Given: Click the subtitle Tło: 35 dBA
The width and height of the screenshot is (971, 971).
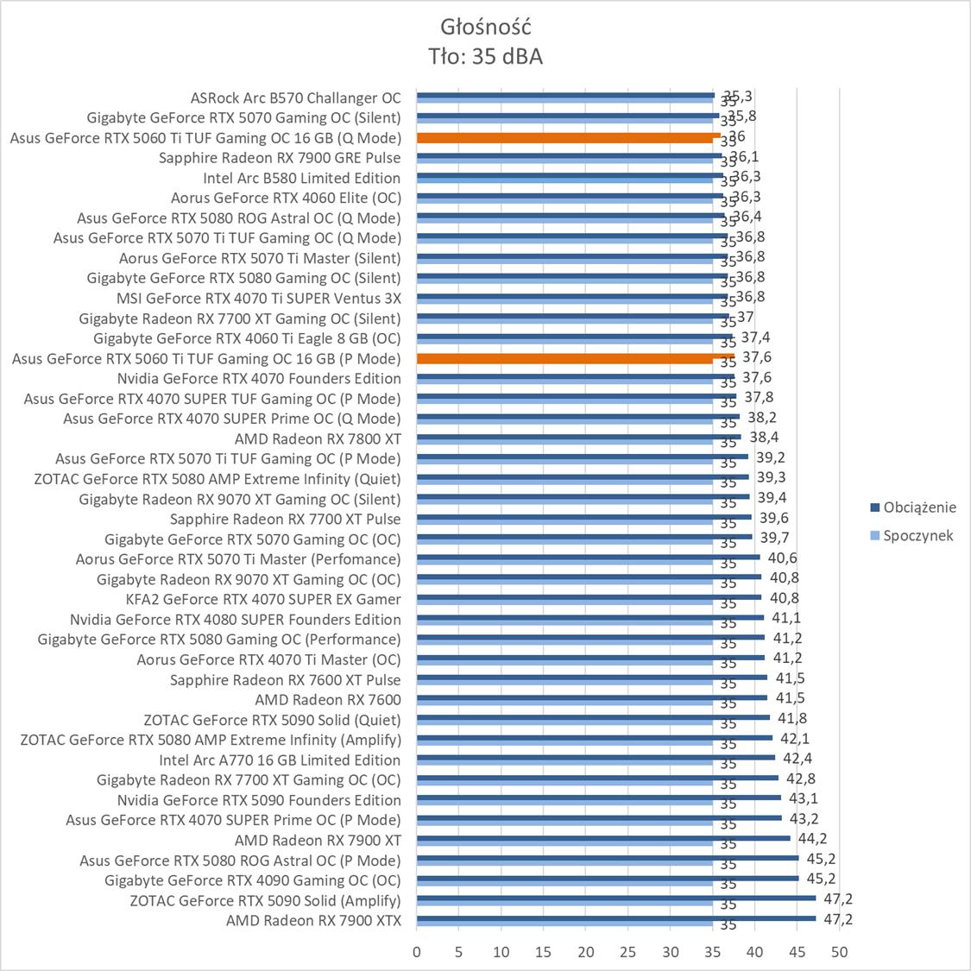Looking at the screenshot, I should coord(485,56).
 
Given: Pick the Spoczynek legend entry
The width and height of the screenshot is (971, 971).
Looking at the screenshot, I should coord(917,535).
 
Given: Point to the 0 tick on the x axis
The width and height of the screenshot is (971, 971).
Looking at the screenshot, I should coord(417,952).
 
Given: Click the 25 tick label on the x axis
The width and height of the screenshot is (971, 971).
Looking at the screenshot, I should coord(627,952).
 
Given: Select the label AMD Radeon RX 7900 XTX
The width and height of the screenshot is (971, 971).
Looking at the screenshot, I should coord(313,921).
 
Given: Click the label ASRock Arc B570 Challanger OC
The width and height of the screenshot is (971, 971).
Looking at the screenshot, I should coord(295,98).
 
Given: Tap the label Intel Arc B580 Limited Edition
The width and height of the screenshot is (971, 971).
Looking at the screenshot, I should coord(301,178).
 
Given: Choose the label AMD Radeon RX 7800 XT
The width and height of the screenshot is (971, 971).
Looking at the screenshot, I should coord(318,438).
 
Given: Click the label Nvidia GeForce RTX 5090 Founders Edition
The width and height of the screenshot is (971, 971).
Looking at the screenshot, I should coord(259,800).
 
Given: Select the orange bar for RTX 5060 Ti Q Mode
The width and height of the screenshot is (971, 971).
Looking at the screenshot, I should coord(568,136).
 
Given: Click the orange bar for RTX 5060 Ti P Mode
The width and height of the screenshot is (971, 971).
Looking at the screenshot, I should coord(575,356).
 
